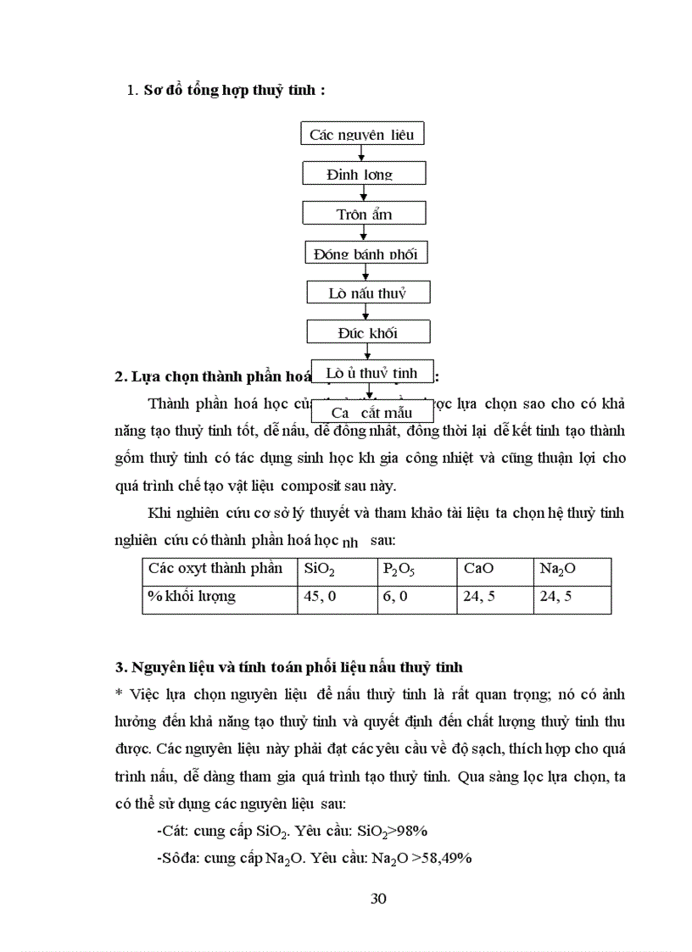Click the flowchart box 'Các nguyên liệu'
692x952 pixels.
click(362, 134)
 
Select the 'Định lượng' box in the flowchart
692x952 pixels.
click(364, 174)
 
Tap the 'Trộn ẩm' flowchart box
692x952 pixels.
click(364, 214)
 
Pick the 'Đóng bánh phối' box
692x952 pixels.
click(366, 253)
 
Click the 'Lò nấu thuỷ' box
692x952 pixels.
click(368, 293)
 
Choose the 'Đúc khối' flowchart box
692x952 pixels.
click(368, 332)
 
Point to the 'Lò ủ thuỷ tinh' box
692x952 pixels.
click(372, 372)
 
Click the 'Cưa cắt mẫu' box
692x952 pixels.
click(372, 412)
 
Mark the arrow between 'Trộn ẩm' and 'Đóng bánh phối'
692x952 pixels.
click(365, 233)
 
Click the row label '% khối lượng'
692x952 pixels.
click(192, 597)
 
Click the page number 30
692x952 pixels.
click(379, 899)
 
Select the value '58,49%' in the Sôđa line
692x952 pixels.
click(445, 857)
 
